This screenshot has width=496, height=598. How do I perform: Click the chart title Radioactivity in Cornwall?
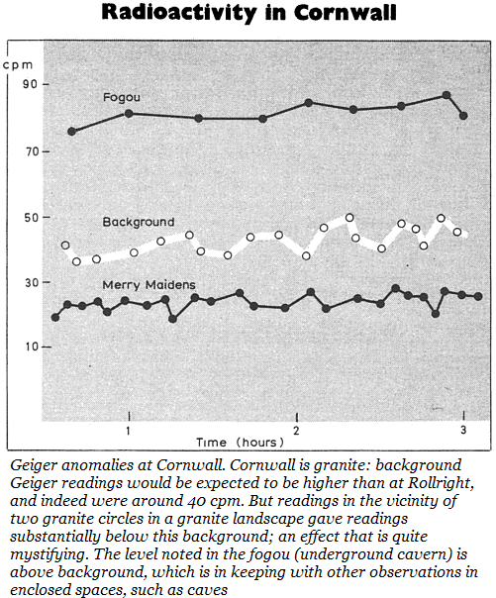click(248, 12)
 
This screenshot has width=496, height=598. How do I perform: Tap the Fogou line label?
click(122, 98)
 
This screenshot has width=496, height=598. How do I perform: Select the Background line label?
click(139, 222)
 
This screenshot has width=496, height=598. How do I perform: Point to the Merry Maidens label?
click(149, 285)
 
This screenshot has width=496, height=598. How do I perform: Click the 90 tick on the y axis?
click(30, 84)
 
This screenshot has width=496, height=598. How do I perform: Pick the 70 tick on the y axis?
click(30, 151)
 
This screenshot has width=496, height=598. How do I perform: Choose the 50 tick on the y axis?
click(30, 218)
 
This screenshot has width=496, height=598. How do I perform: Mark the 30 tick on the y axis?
click(30, 282)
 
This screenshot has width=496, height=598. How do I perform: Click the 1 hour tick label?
click(129, 431)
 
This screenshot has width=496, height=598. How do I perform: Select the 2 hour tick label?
click(296, 431)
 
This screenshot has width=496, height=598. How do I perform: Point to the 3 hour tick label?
click(463, 430)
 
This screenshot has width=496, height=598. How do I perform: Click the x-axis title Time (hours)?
click(240, 443)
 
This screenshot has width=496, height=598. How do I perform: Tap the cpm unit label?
click(18, 65)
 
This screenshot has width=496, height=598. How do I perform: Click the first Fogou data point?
click(71, 132)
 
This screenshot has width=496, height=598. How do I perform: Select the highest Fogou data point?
click(446, 95)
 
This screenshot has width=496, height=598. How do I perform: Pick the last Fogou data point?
click(463, 116)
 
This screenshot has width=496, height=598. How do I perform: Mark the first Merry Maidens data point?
click(55, 317)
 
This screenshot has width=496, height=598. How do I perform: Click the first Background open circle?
click(65, 246)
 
